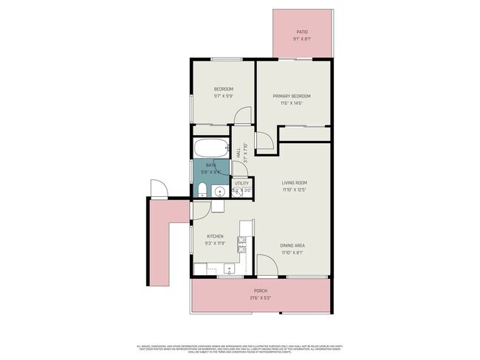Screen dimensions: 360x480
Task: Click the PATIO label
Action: click(x=301, y=32)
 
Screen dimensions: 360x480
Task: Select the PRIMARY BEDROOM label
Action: click(x=291, y=96)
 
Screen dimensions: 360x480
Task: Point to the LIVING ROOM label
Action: click(x=294, y=182)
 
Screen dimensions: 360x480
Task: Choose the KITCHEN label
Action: click(x=215, y=237)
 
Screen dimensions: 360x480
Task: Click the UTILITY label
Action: click(x=242, y=183)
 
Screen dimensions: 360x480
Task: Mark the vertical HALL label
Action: click(x=238, y=152)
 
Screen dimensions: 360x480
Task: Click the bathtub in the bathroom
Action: click(x=210, y=147)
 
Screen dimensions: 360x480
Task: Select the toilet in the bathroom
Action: click(x=201, y=192)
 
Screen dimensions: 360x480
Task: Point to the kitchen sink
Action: click(x=228, y=269)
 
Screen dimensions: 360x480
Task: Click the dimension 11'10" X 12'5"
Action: click(x=294, y=190)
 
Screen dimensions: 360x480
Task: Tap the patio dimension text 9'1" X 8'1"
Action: click(x=301, y=40)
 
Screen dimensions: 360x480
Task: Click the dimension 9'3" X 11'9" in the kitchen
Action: click(x=215, y=243)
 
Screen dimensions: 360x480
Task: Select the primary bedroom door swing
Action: click(x=264, y=142)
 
